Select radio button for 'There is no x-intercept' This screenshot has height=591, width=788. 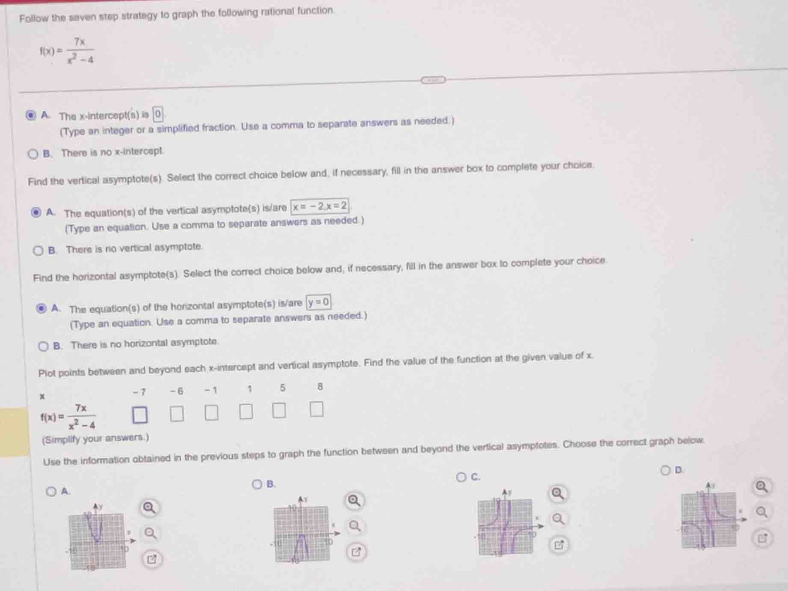pyautogui.click(x=33, y=154)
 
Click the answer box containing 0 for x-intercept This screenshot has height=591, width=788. pyautogui.click(x=158, y=114)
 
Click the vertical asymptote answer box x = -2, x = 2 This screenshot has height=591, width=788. pyautogui.click(x=320, y=206)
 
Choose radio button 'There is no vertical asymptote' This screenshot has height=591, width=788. pyautogui.click(x=38, y=251)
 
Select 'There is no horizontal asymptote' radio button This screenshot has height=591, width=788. pyautogui.click(x=43, y=346)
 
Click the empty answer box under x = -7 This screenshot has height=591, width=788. pyautogui.click(x=139, y=415)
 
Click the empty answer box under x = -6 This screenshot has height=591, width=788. pyautogui.click(x=177, y=414)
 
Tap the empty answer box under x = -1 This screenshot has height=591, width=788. pyautogui.click(x=211, y=413)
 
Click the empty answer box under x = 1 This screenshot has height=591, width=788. pyautogui.click(x=246, y=411)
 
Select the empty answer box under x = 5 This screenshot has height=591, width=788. pyautogui.click(x=279, y=410)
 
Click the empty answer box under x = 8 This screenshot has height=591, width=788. pyautogui.click(x=316, y=409)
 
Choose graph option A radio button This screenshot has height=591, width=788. pyautogui.click(x=51, y=491)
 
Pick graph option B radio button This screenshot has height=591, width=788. pyautogui.click(x=257, y=484)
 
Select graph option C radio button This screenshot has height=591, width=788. pyautogui.click(x=461, y=477)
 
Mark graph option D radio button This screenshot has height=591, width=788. pyautogui.click(x=665, y=471)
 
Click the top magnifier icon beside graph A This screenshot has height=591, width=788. pyautogui.click(x=149, y=508)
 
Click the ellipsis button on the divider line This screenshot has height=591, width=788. pyautogui.click(x=433, y=80)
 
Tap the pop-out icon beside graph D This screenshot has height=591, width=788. pyautogui.click(x=762, y=538)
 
